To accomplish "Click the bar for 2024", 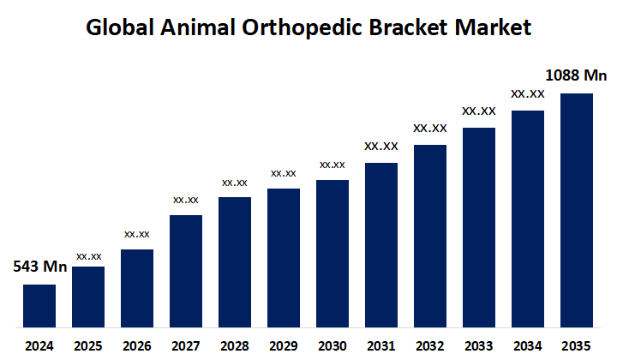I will pos(39,306).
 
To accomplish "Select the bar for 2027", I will pos(186,271).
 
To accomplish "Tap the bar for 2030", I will pos(332,254).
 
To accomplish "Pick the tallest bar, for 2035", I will pos(577,210).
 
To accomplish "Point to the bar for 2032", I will pos(430,236).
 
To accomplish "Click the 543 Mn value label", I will pos(39,267).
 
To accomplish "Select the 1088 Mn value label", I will pos(576,75).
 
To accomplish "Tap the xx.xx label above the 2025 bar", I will pos(89,255).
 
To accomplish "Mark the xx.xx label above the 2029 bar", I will pos(284,173).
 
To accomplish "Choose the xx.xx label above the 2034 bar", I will pos(528,93).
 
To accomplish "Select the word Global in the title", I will pos(120,27).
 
